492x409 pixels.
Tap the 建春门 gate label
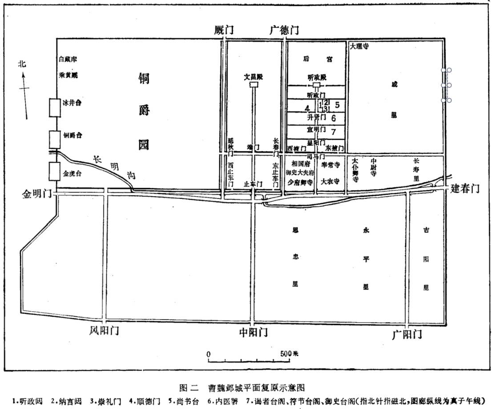point(465,188)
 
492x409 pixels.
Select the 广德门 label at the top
point(285,30)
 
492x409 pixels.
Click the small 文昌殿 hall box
point(254,84)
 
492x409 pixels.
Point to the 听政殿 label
point(317,77)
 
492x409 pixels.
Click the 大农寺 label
point(331,181)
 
